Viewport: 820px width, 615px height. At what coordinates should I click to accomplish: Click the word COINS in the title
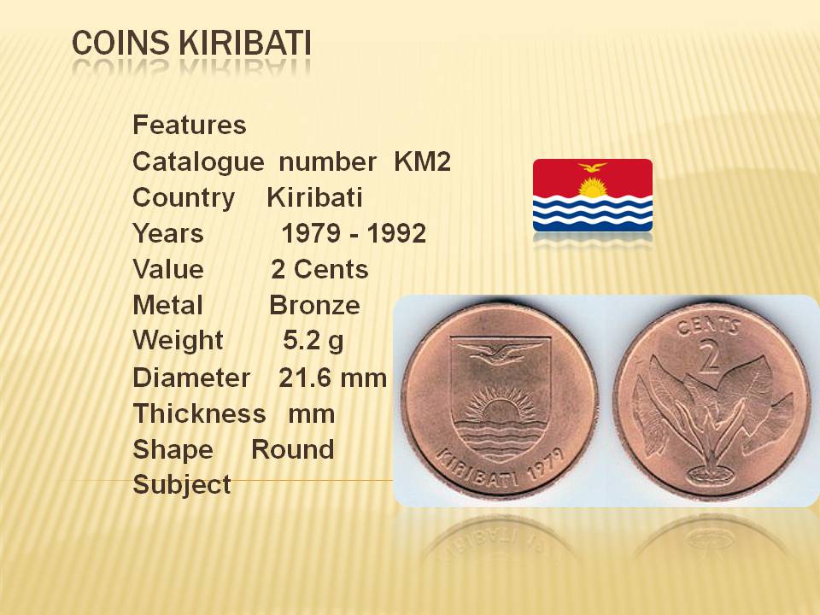(x=120, y=43)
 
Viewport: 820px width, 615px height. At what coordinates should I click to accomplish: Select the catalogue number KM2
(x=422, y=161)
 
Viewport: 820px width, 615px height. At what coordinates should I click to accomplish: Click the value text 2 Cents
(x=319, y=269)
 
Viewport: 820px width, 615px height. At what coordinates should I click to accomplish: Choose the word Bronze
(x=315, y=306)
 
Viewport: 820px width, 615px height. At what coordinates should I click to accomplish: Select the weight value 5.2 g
(x=313, y=341)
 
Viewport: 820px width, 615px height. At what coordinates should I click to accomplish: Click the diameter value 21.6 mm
(x=332, y=378)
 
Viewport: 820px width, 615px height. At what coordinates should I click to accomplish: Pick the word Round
(x=293, y=449)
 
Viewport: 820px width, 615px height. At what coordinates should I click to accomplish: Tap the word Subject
(x=182, y=485)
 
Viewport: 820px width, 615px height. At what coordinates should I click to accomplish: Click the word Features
(x=190, y=125)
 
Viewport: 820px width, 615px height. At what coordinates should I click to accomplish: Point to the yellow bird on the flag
(x=593, y=167)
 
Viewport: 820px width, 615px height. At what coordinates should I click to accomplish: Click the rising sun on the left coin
(x=501, y=409)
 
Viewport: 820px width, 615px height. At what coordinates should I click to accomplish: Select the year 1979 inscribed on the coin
(x=546, y=463)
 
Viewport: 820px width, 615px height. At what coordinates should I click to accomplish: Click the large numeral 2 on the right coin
(x=709, y=355)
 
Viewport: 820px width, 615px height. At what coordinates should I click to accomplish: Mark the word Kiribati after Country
(x=315, y=197)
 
